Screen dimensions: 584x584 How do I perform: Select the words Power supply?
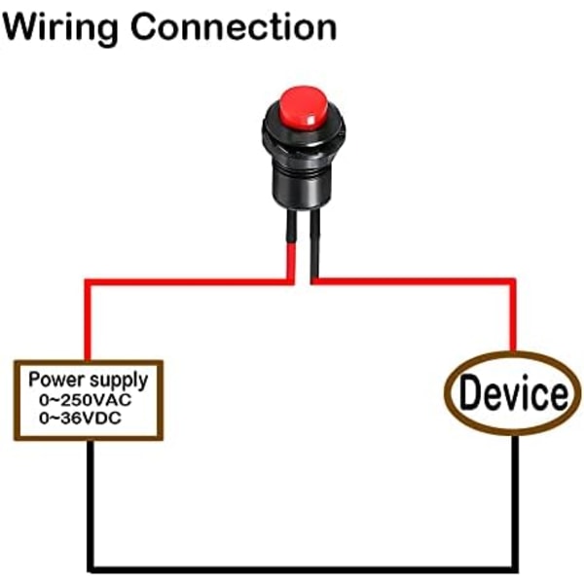coord(88,380)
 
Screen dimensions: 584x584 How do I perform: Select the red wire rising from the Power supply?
coord(88,321)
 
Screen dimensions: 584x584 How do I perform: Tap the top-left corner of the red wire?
coord(88,283)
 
